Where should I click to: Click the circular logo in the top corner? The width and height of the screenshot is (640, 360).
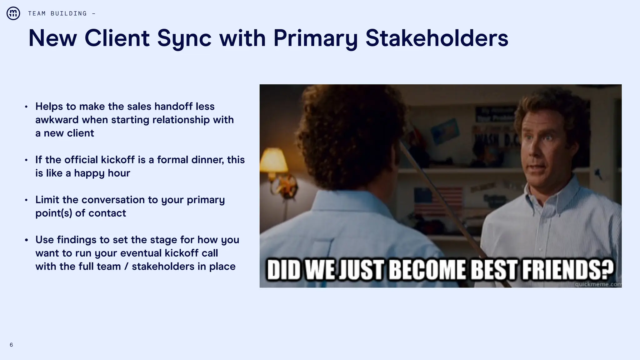tap(13, 13)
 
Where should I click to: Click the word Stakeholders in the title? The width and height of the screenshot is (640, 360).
tap(437, 38)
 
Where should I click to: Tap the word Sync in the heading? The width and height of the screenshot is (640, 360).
tap(184, 38)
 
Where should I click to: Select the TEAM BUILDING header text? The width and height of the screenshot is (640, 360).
tap(57, 13)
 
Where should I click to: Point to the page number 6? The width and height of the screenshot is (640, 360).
tap(11, 345)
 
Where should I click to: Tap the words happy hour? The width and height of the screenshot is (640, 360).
tap(102, 173)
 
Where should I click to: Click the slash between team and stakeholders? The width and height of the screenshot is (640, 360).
tap(126, 267)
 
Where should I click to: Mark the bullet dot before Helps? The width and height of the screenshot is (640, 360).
tap(26, 107)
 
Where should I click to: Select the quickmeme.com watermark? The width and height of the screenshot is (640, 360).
tap(597, 284)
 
